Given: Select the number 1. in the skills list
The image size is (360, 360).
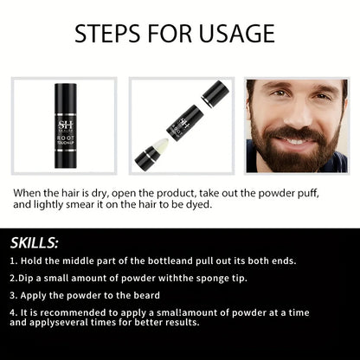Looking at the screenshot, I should tap(14, 260).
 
